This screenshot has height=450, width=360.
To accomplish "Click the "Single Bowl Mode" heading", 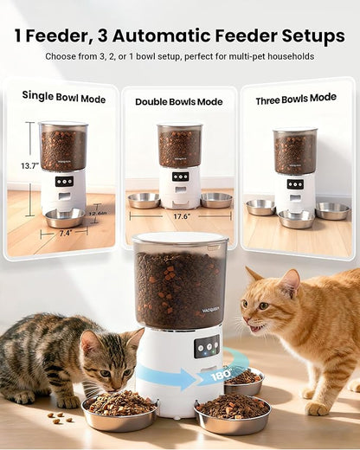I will (63, 99).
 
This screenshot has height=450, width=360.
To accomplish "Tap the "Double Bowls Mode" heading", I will (178, 101).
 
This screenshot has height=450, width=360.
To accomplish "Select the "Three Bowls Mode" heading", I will (296, 100).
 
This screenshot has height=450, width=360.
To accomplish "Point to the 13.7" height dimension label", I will (29, 165).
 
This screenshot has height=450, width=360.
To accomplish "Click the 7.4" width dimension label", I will (65, 233).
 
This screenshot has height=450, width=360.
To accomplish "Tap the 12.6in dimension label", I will (97, 212).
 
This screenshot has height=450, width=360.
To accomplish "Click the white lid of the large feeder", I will (180, 238).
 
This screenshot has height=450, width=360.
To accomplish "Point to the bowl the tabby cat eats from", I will (119, 413).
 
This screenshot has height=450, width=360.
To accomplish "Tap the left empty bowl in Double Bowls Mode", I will (144, 200).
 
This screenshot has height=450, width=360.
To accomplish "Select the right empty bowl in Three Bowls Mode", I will (332, 210).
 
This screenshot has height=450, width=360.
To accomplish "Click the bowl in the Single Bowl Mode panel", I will (65, 217).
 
